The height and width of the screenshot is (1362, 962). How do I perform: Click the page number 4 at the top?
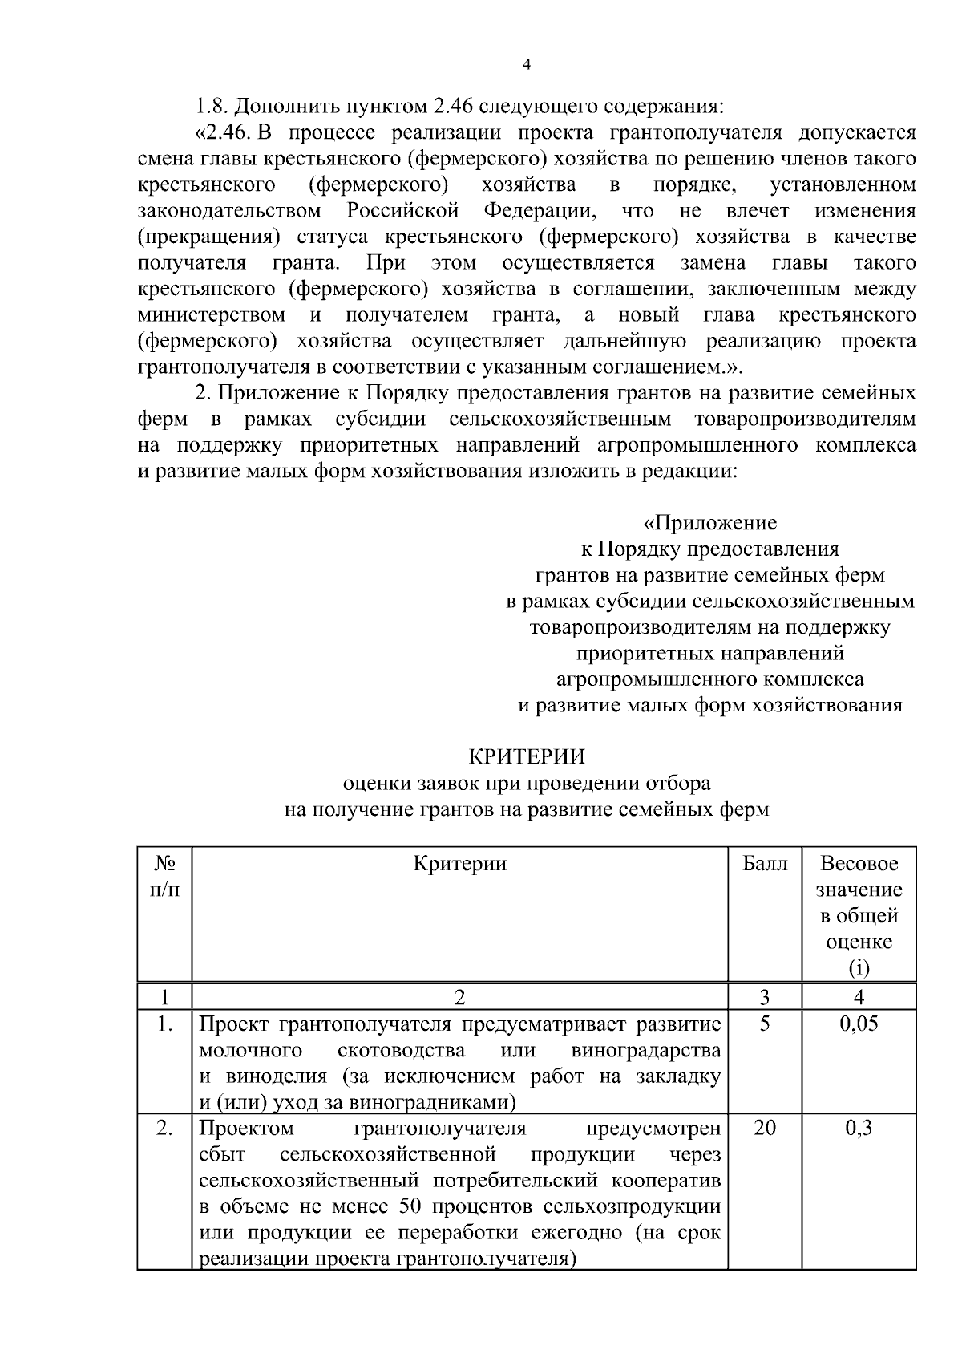point(526,66)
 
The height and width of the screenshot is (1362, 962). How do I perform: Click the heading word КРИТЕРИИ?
point(526,756)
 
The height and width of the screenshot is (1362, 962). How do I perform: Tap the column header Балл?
point(765,864)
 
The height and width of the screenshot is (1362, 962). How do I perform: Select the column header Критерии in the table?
point(460,864)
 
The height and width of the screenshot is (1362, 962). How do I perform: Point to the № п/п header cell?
point(164,877)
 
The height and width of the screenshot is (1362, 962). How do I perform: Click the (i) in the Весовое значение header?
point(859,968)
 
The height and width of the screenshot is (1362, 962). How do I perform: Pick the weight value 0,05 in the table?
point(859,1024)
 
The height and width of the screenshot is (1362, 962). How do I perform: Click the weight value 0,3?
point(859,1129)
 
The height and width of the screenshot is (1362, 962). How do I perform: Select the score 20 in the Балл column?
point(765,1129)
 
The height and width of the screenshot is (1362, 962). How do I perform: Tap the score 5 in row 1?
point(765,1024)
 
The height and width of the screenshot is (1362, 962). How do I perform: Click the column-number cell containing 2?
point(460,997)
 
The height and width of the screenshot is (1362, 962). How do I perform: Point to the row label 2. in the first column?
point(164,1129)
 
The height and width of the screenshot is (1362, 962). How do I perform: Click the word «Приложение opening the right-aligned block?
point(710,524)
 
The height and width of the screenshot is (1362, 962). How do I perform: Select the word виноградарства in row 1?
point(645,1050)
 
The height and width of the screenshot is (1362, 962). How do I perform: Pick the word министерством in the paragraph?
point(212,315)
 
